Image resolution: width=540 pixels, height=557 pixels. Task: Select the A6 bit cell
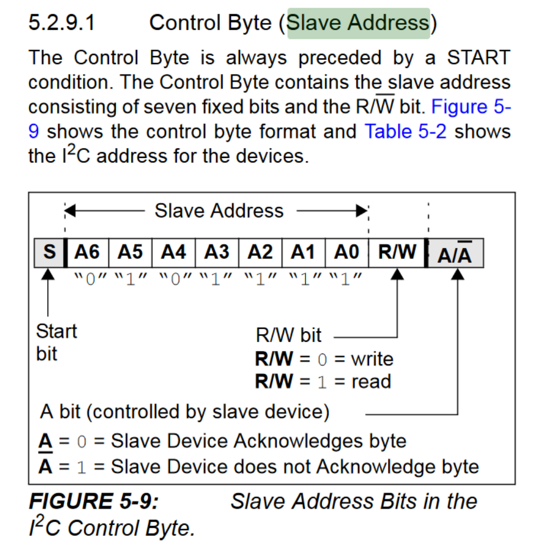coord(88,253)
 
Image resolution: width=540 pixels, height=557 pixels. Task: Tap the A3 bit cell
coord(217,253)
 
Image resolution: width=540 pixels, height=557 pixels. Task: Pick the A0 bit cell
coord(347,253)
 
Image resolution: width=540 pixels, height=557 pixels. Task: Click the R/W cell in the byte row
coord(397,253)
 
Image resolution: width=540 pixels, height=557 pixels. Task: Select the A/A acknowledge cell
coord(455,254)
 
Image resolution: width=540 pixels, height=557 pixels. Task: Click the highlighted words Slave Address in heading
coord(358,23)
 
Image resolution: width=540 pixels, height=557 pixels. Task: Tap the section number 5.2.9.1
coord(62,23)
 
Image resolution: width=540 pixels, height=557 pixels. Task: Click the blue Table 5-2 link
coord(406,132)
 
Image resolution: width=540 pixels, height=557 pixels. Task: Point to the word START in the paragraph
coord(478,58)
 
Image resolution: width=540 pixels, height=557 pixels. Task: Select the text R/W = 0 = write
coord(324,359)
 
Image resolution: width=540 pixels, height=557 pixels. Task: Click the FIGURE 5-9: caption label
coord(94,501)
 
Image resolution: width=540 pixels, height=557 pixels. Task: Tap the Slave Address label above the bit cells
coord(219,211)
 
